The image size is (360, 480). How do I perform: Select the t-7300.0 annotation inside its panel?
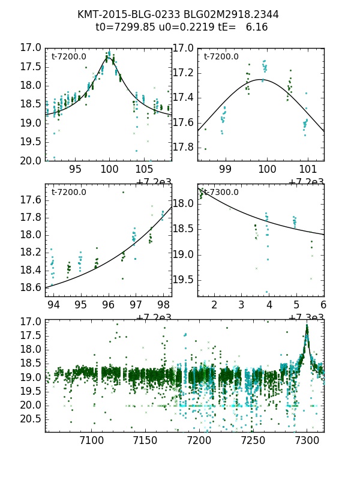pos(221,192)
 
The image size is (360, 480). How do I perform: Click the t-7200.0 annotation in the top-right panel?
pos(221,57)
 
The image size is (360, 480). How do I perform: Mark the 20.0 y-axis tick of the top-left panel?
pos(31,161)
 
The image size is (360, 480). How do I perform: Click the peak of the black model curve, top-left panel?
pos(109,58)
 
